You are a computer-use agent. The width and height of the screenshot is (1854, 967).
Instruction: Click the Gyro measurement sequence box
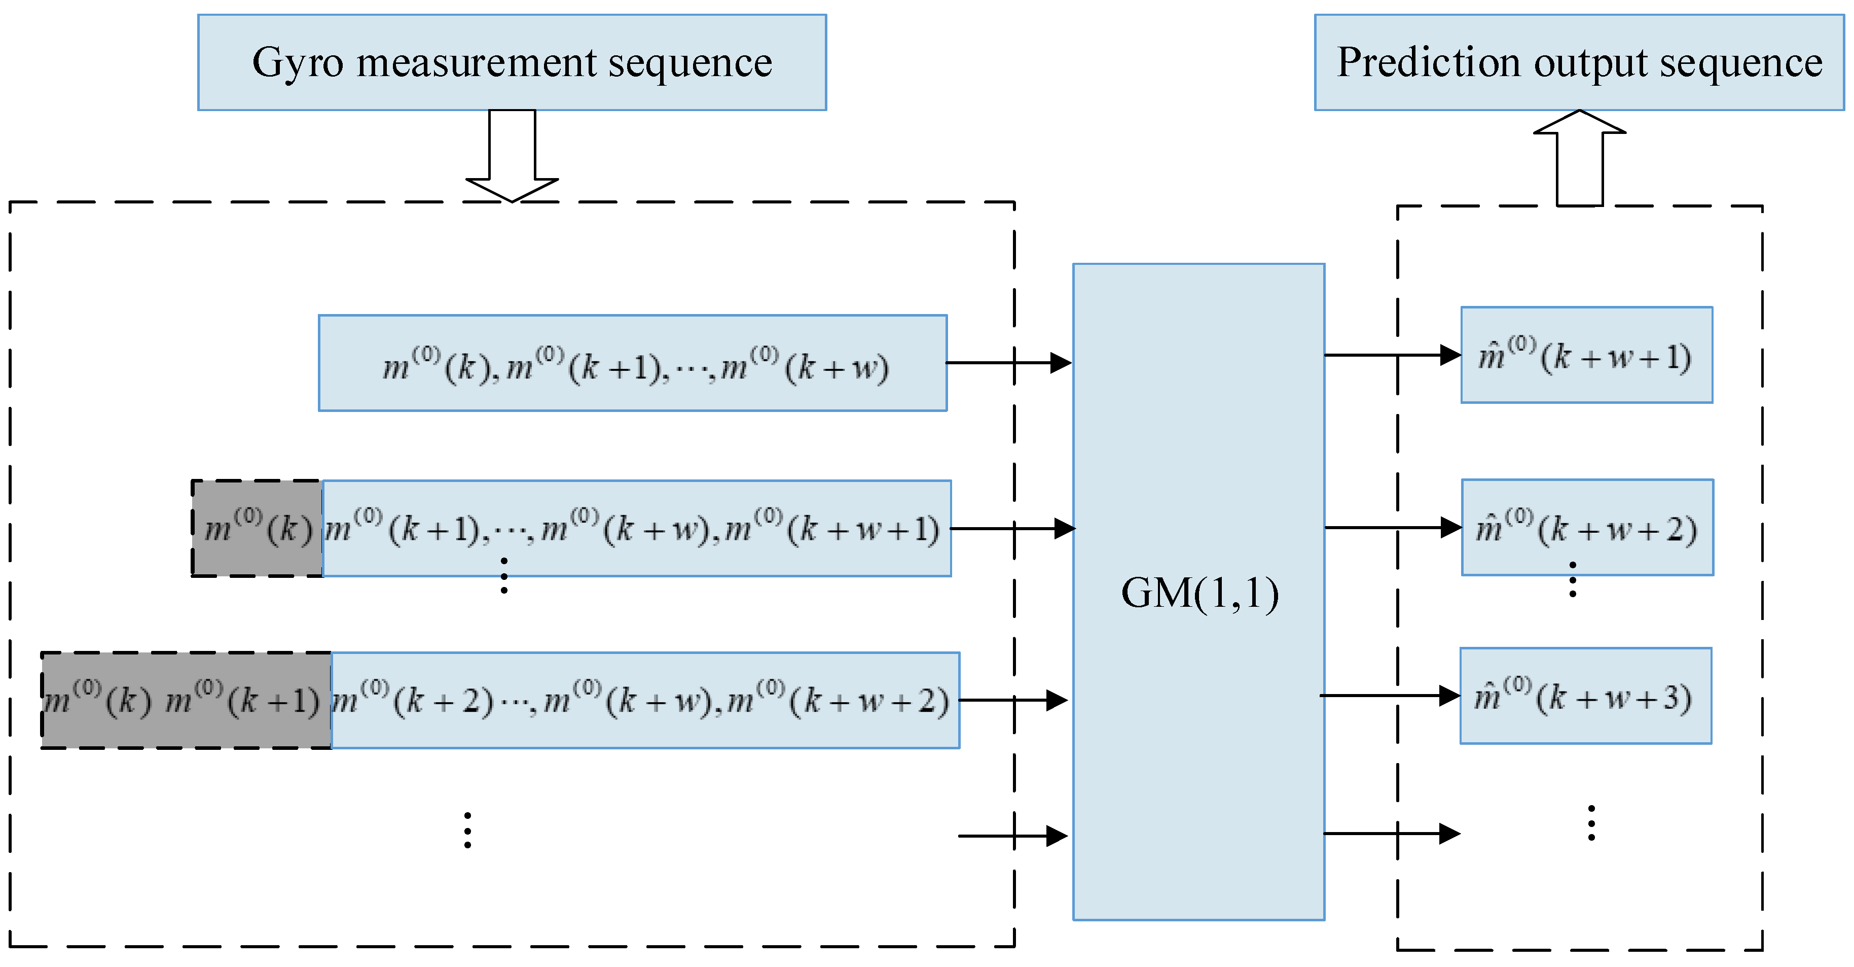pos(512,62)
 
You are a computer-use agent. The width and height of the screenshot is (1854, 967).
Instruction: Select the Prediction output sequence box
pos(1579,62)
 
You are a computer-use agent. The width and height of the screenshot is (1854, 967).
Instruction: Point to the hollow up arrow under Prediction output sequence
pos(1579,158)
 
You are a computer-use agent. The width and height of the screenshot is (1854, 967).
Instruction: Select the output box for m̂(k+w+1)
pos(1586,355)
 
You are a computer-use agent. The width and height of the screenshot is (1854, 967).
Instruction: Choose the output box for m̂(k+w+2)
pos(1587,527)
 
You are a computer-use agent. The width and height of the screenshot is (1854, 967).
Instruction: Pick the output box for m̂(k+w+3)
pos(1585,696)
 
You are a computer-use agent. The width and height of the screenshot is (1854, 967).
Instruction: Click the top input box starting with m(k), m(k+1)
pos(633,363)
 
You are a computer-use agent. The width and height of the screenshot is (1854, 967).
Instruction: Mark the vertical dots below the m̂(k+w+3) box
pos(1591,823)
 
